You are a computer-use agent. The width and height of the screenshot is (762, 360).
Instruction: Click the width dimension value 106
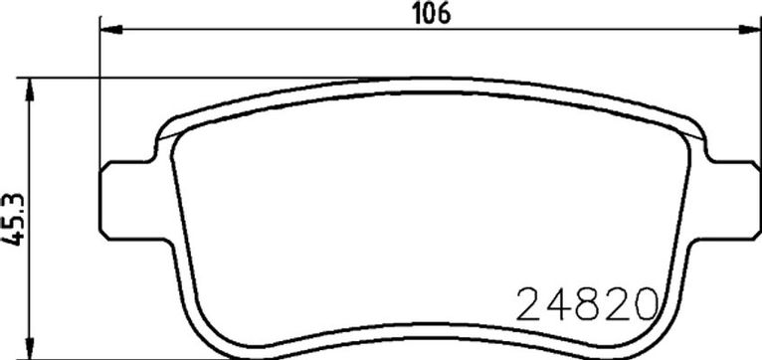[432, 14]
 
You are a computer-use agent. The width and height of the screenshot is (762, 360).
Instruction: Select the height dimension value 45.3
[13, 219]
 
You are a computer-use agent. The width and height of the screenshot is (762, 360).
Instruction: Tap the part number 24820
[587, 304]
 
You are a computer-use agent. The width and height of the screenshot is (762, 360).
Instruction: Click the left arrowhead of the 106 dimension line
[110, 30]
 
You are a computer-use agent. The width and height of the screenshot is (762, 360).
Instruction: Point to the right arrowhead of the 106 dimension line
[750, 30]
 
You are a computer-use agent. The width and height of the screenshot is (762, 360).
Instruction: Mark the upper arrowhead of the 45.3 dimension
[30, 90]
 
